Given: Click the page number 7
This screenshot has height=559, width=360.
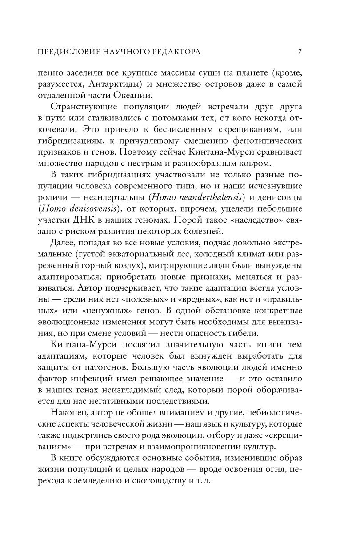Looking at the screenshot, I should [x=300, y=52].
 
